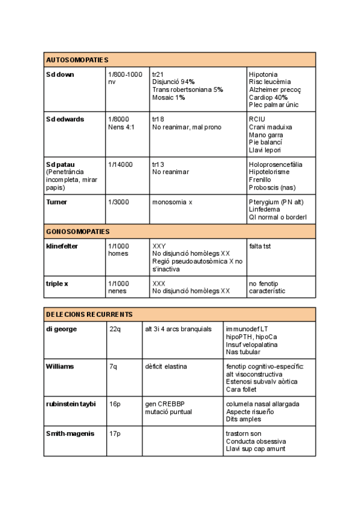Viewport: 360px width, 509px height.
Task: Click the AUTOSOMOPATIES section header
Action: click(77, 60)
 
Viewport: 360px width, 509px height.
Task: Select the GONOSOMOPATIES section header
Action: click(77, 232)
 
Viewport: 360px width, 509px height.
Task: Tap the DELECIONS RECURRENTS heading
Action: click(89, 315)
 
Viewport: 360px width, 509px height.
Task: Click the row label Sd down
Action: click(60, 74)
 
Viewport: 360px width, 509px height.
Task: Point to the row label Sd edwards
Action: click(65, 119)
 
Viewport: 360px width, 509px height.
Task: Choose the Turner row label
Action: click(56, 202)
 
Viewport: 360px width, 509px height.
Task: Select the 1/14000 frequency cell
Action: click(121, 164)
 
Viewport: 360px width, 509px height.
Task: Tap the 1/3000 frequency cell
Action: click(118, 202)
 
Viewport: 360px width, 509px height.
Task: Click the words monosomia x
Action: click(172, 202)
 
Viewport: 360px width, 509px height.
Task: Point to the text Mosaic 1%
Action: click(169, 97)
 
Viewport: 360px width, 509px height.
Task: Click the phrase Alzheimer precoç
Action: click(275, 89)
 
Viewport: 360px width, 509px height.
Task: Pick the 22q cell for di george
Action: click(115, 330)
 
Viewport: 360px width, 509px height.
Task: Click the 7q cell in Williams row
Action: click(113, 367)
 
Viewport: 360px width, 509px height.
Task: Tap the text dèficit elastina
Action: click(166, 367)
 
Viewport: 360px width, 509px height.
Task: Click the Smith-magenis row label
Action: click(70, 434)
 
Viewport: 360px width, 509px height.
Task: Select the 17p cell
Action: click(115, 434)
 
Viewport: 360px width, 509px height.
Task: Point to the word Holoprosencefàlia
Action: click(275, 164)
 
